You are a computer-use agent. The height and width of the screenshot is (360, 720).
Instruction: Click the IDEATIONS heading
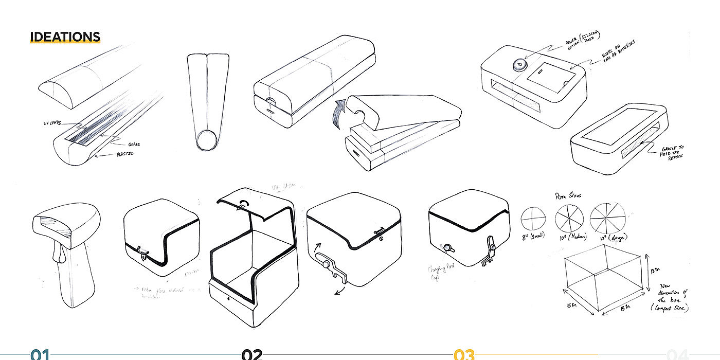pyautogui.click(x=65, y=37)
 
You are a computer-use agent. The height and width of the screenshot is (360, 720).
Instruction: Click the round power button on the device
pyautogui.click(x=519, y=65)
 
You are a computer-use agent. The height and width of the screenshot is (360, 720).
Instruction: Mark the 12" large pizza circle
pyautogui.click(x=607, y=217)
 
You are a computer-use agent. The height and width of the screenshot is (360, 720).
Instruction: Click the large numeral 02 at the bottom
pyautogui.click(x=252, y=355)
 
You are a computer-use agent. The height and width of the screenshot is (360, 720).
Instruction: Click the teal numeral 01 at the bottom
pyautogui.click(x=40, y=355)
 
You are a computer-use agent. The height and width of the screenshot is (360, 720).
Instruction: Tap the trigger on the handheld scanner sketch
pyautogui.click(x=61, y=253)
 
